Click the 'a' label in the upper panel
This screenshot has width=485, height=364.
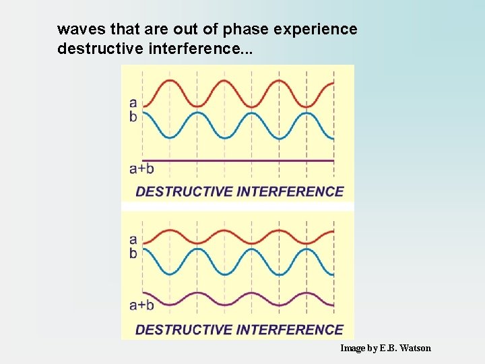[x=133, y=103]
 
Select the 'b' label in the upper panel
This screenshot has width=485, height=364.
[x=133, y=117]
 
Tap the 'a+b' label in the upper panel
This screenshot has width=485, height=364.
[x=141, y=169]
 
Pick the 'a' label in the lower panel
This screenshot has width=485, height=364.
[x=133, y=239]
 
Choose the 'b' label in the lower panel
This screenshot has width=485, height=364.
[x=133, y=253]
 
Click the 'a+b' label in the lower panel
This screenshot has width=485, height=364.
[x=141, y=305]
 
